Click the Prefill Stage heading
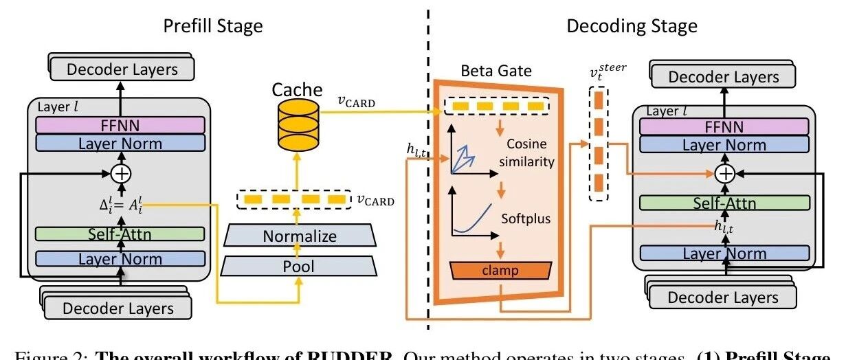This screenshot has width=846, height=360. pos(212,27)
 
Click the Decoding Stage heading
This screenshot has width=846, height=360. pos(632,27)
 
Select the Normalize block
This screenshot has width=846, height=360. pos(300,236)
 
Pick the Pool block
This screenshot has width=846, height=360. pos(300,266)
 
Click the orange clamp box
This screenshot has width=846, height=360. pos(500,271)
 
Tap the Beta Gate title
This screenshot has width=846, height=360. pos(496,71)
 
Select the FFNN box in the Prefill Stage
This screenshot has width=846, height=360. pos(121,124)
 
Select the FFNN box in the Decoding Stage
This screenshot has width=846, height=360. pos(723,126)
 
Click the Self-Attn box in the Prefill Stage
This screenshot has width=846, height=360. pos(121,235)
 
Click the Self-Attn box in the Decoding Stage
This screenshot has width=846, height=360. pos(723,203)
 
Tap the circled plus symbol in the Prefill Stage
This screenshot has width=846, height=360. pos(121,174)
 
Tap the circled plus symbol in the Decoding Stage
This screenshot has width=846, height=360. pos(723,174)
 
